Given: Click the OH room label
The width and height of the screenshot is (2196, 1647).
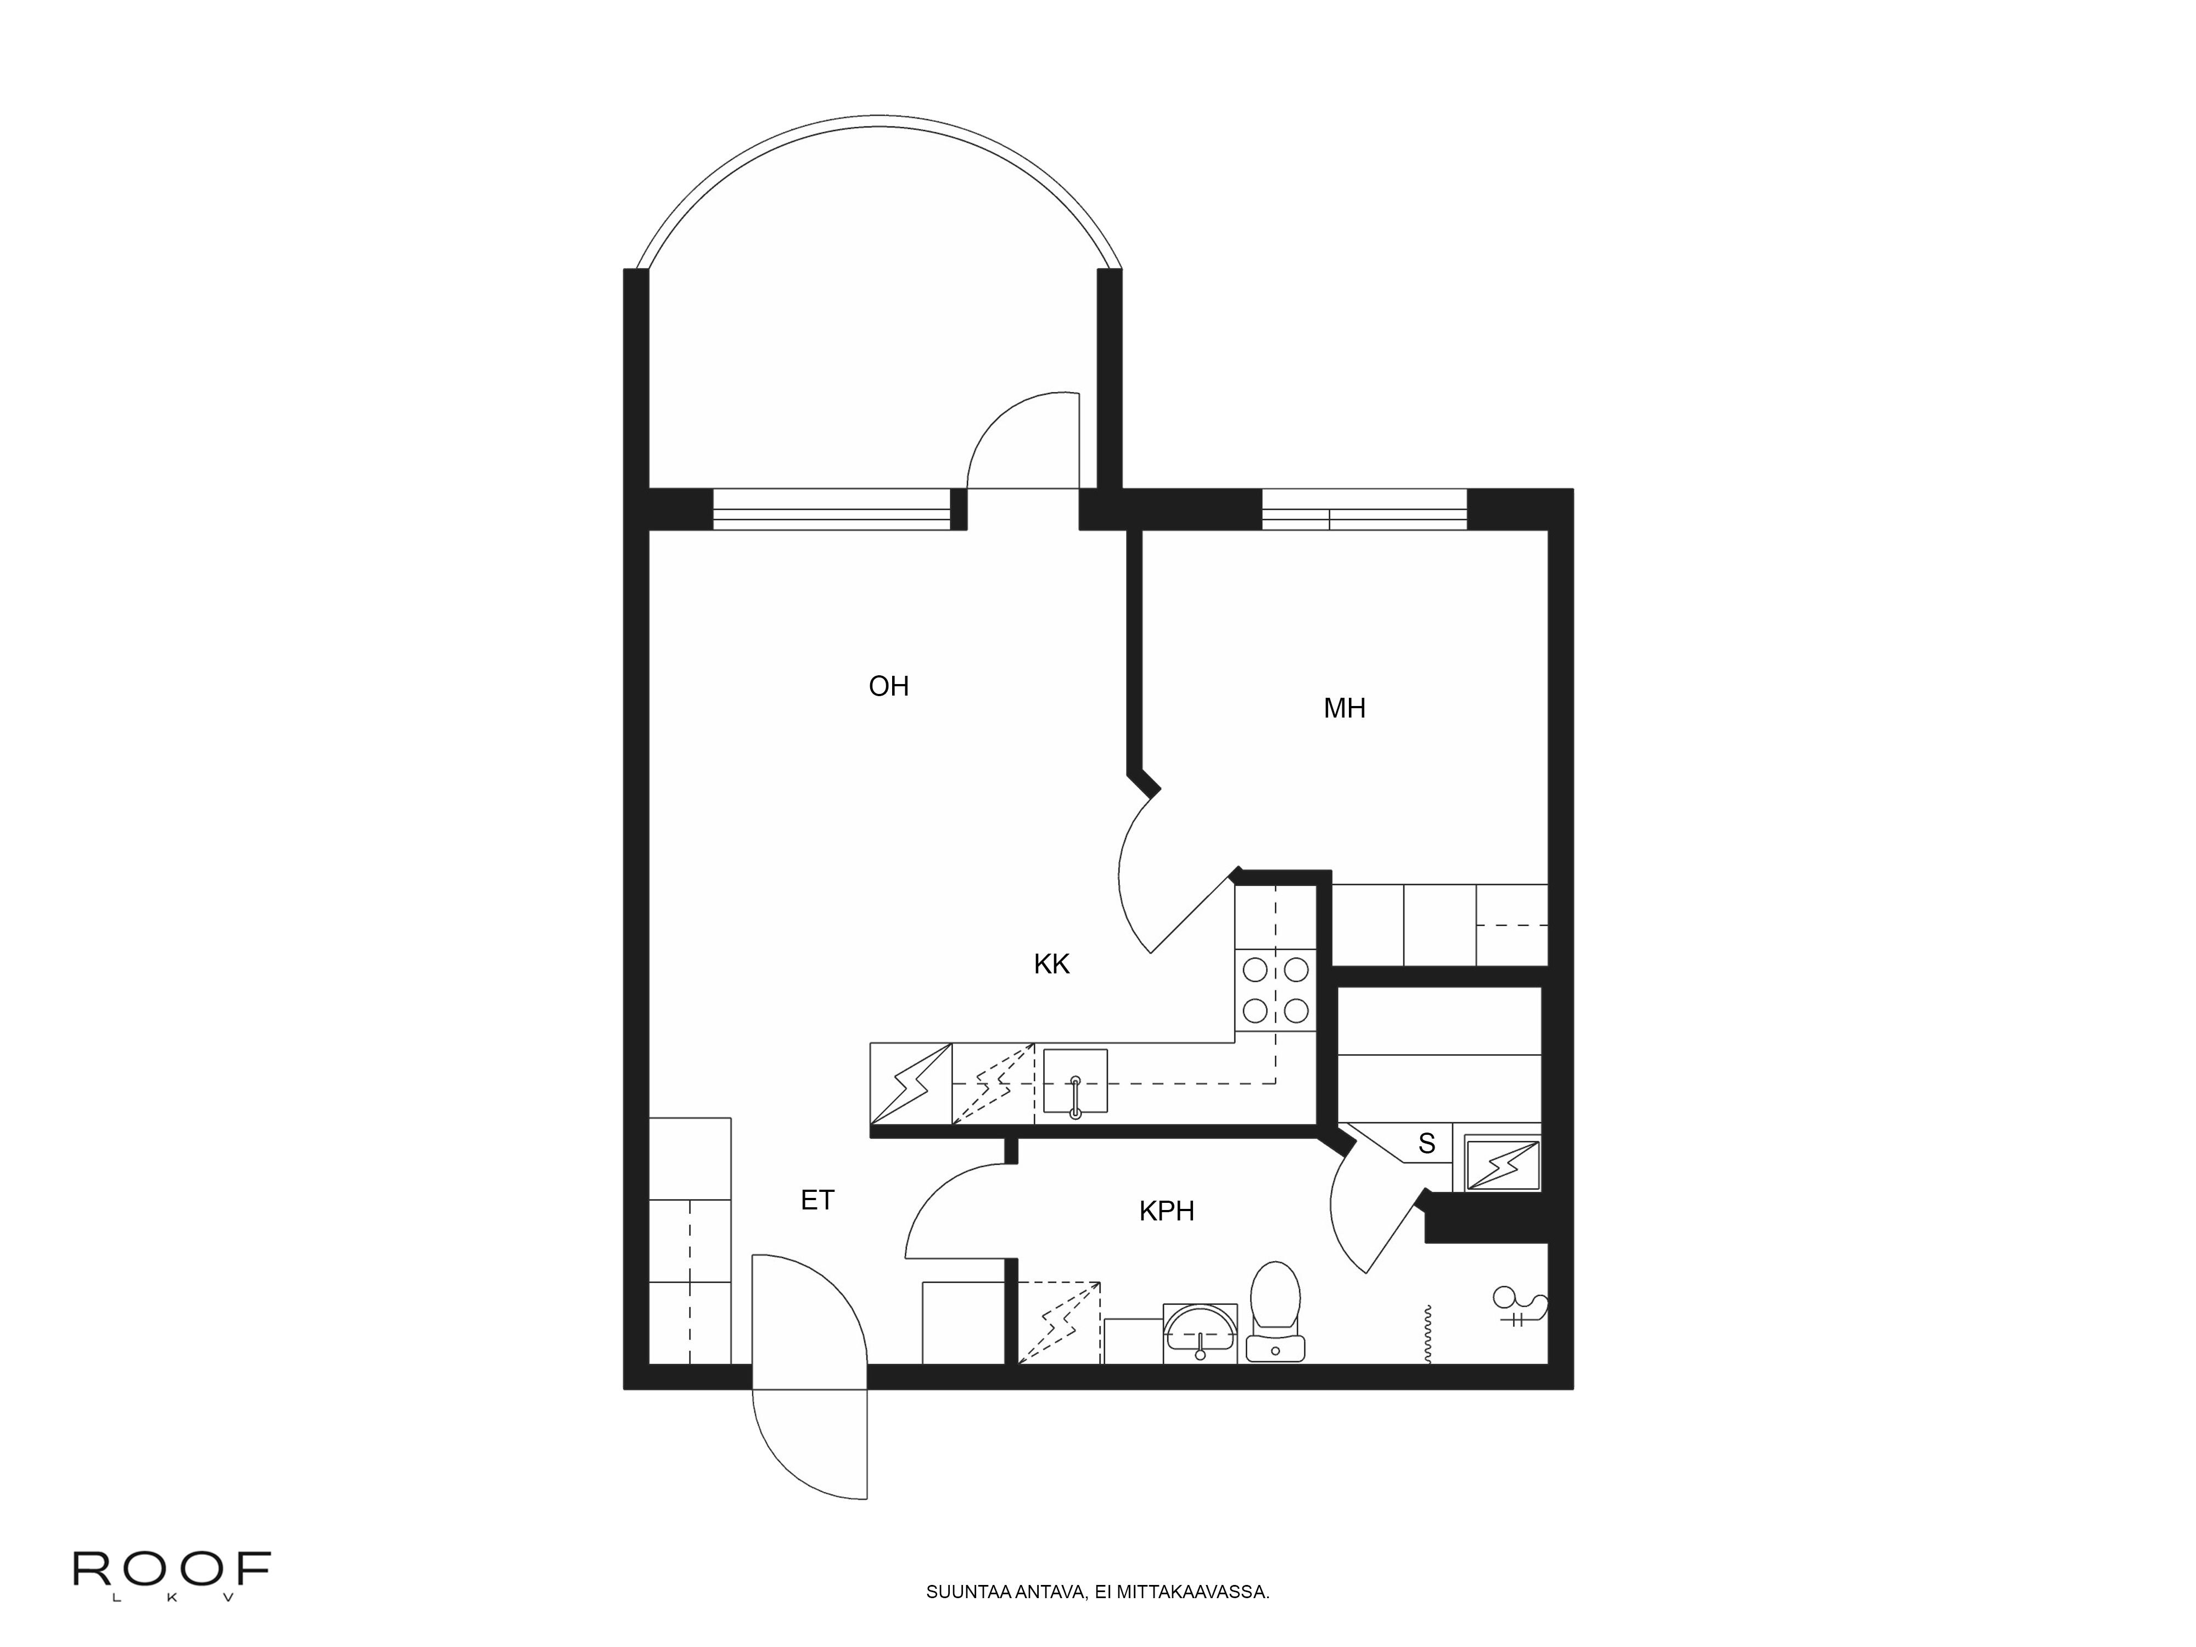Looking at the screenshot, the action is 888,686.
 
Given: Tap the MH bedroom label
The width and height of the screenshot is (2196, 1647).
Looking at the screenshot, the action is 1344,708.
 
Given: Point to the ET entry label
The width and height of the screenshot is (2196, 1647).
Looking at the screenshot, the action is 817,1200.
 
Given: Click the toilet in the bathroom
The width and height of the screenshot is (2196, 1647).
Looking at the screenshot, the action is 1276,1310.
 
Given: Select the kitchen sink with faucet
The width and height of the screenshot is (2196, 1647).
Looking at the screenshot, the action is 1075,1081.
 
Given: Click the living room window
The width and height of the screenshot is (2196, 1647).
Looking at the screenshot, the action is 832,509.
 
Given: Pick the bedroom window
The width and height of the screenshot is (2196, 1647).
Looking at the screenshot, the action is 1364,509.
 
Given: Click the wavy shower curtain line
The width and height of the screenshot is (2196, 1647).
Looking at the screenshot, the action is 1427,1334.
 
